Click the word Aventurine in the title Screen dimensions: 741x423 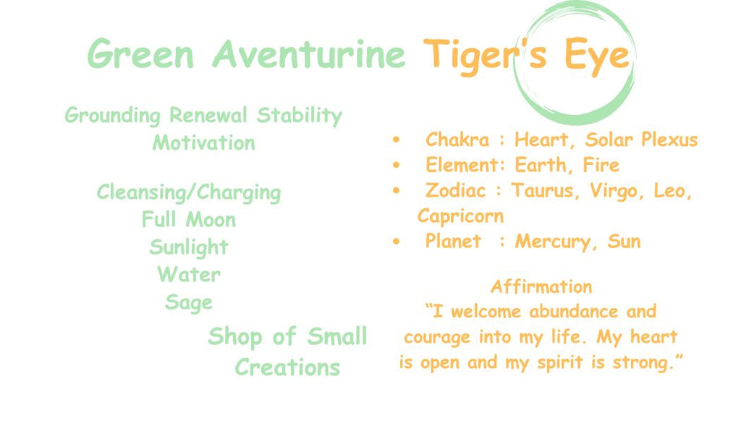[308, 54]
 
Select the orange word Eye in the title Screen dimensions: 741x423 [597, 56]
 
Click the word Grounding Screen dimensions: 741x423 [112, 116]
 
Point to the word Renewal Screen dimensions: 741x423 [208, 115]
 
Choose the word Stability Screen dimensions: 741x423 [299, 116]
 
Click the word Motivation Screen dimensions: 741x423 [203, 142]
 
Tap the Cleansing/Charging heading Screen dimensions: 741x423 [189, 192]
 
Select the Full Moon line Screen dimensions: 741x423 [189, 220]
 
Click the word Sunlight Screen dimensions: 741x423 [189, 247]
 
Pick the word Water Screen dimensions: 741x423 [189, 274]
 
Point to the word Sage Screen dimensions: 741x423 [189, 302]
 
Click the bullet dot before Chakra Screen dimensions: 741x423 [396, 140]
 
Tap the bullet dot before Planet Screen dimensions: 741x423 [396, 242]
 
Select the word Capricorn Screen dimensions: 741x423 [460, 216]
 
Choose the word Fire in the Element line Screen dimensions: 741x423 [601, 165]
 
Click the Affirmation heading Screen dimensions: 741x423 [541, 286]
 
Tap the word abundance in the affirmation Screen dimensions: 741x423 [573, 312]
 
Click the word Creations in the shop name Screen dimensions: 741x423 [287, 367]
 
